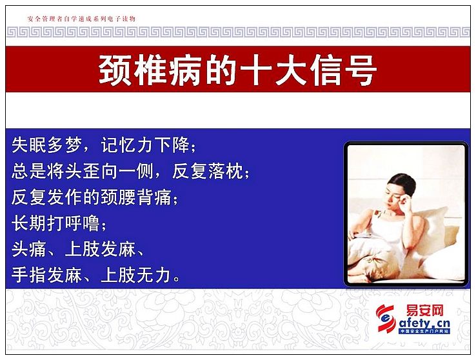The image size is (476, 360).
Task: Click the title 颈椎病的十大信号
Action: pyautogui.click(x=238, y=70)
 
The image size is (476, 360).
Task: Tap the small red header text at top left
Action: pyautogui.click(x=81, y=19)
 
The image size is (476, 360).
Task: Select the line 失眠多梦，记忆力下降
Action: pyautogui.click(x=104, y=145)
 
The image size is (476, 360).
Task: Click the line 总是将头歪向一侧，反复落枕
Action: pyautogui.click(x=130, y=171)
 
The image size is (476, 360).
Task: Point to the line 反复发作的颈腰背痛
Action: pyautogui.click(x=95, y=197)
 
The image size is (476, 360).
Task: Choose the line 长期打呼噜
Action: pyautogui.click(x=59, y=223)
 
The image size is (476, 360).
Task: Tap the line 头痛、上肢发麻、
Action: pyautogui.click(x=77, y=250)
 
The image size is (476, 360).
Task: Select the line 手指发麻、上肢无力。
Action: pyautogui.click(x=96, y=275)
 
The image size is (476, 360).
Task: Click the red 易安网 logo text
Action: pyautogui.click(x=424, y=310)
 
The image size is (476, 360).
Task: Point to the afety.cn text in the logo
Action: pyautogui.click(x=424, y=323)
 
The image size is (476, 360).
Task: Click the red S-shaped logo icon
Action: pyautogui.click(x=386, y=318)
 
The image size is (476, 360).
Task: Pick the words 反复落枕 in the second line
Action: pyautogui.click(x=208, y=171)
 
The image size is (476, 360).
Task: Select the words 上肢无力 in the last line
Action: pyautogui.click(x=135, y=275)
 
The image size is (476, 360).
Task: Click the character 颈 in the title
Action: pyautogui.click(x=115, y=70)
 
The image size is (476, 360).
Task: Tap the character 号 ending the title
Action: pyautogui.click(x=361, y=70)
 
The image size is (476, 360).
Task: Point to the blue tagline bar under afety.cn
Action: pyautogui.click(x=424, y=331)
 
